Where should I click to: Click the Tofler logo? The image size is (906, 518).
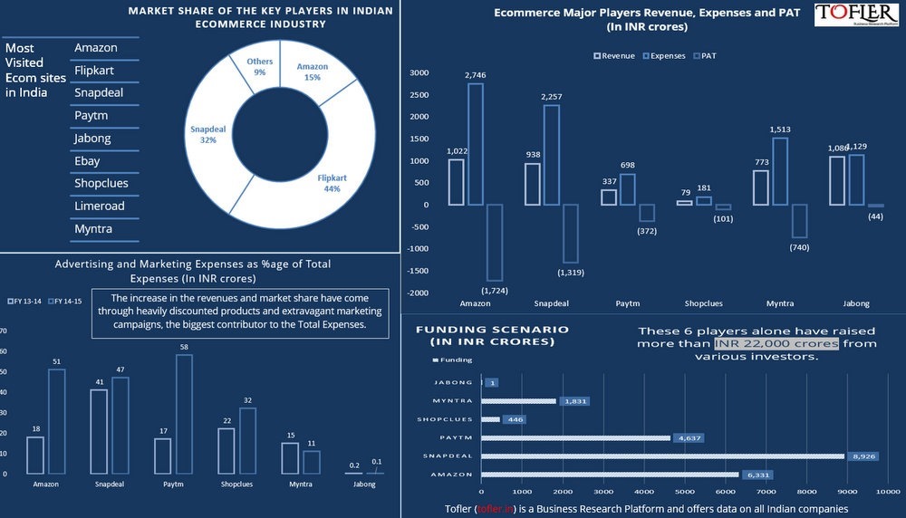(855, 15)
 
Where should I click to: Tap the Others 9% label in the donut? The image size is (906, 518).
(260, 67)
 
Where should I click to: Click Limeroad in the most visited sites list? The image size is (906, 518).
(100, 206)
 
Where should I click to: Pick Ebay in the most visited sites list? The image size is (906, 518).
(88, 161)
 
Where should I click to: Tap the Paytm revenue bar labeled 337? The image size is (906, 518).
(608, 197)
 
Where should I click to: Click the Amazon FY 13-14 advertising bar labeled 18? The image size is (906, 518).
(35, 456)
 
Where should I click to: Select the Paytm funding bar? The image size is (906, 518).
(575, 438)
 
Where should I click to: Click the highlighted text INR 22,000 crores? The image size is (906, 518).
(776, 344)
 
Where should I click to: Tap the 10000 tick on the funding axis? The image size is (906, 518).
(888, 490)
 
